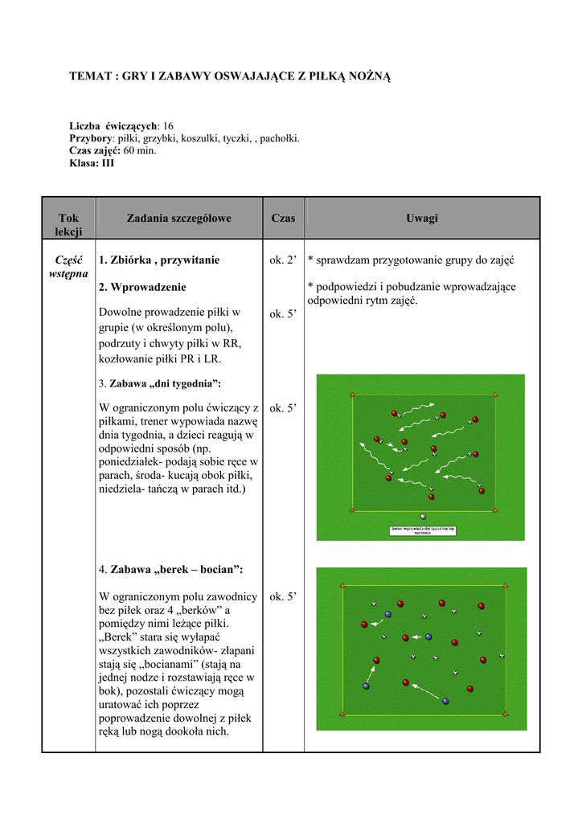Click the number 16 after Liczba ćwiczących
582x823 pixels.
point(168,126)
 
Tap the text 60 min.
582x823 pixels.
point(140,150)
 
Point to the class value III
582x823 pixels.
point(108,162)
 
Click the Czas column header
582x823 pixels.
point(283,218)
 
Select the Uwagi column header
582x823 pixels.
point(422,218)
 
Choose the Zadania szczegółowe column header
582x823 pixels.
point(178,218)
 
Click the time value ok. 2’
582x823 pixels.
point(283,260)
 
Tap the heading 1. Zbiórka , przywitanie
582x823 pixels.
point(158,260)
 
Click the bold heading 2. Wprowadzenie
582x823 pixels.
point(142,287)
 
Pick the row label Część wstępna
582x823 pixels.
point(69,267)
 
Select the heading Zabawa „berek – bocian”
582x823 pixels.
point(176,569)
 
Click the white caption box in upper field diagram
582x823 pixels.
point(423,530)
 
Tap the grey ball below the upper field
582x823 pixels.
point(423,517)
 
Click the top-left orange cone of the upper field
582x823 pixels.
point(351,394)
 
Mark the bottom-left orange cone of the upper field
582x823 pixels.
point(351,510)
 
